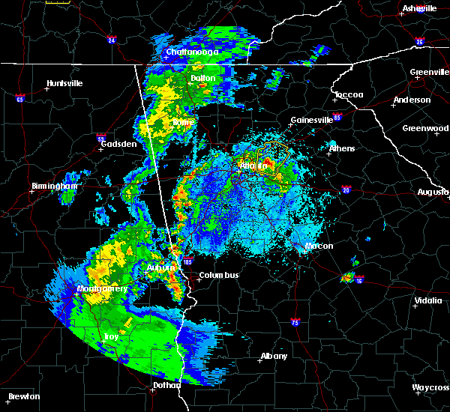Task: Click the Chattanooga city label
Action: pos(192,52)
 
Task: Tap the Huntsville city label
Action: pos(64,83)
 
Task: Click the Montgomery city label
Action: pos(102,288)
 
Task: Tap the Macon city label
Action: pos(319,246)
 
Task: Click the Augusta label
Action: pos(433,193)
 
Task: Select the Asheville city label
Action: pos(419,8)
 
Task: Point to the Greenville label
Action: pos(429,73)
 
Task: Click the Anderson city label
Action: pos(412,100)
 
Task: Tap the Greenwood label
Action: pos(425,128)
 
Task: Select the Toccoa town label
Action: pos(349,95)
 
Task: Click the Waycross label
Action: pos(430,387)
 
